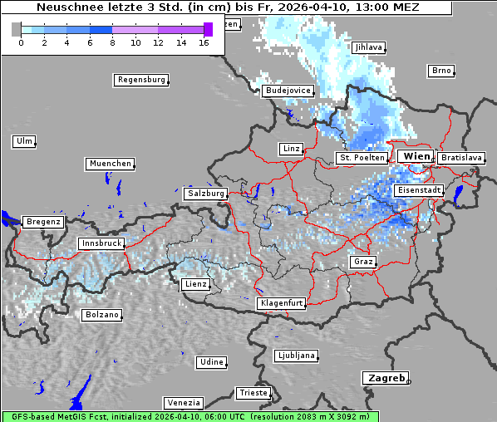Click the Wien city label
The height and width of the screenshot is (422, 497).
(x=416, y=156)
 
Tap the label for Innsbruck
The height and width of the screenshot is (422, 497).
(x=101, y=243)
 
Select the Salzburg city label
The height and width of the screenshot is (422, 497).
(x=205, y=193)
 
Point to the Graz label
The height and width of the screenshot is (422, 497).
(x=362, y=262)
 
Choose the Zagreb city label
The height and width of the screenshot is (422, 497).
(x=384, y=378)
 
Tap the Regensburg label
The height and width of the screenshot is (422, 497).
(x=140, y=80)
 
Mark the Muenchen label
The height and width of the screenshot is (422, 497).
(x=110, y=164)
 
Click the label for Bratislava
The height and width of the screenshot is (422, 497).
(x=461, y=157)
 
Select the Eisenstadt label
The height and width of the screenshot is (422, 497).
(x=418, y=190)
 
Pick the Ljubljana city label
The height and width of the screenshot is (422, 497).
(x=296, y=356)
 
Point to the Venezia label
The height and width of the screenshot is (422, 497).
(x=182, y=403)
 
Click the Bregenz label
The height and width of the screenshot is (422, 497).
(x=42, y=222)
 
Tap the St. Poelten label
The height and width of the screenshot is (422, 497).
(x=362, y=157)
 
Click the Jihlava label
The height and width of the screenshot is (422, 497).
(x=367, y=47)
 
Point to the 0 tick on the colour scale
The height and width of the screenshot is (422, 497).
(x=20, y=42)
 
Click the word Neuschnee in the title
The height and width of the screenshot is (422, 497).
(x=68, y=7)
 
